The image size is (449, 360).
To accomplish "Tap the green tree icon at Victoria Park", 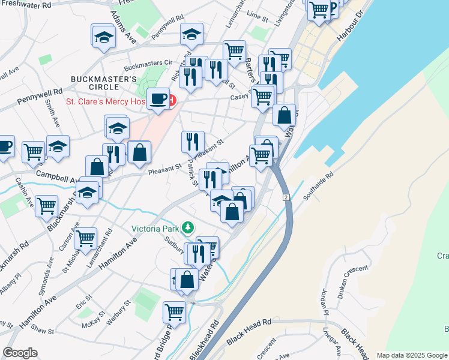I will coord(188,227).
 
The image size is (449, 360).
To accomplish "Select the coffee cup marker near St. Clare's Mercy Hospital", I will coord(158,98).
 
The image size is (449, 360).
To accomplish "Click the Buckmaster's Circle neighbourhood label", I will coord(104,84).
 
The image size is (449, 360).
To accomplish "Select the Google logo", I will coord(20,353).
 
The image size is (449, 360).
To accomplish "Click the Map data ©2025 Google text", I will coord(411,355).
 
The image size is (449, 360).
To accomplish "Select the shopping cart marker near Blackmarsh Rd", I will coord(46,206).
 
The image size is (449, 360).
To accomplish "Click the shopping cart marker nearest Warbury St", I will coord(174,311).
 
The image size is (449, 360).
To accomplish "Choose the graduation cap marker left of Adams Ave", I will coord(104,36).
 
